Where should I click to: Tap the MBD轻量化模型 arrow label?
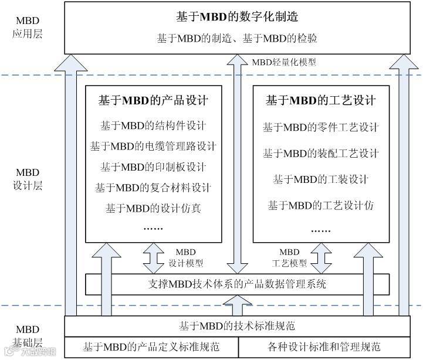284,62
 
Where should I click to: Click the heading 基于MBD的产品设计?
153,100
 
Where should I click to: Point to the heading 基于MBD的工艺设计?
321,100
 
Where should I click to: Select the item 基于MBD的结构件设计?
153,125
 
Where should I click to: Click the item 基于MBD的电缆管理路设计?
153,146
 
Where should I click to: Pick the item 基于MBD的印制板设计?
153,167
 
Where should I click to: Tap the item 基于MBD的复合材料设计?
153,188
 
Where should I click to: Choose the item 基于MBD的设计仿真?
153,208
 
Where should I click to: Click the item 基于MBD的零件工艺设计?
321,127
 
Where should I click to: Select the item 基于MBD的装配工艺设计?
321,154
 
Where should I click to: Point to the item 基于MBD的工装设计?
321,179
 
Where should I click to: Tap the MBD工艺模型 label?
290,257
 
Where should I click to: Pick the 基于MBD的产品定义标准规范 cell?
151,347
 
